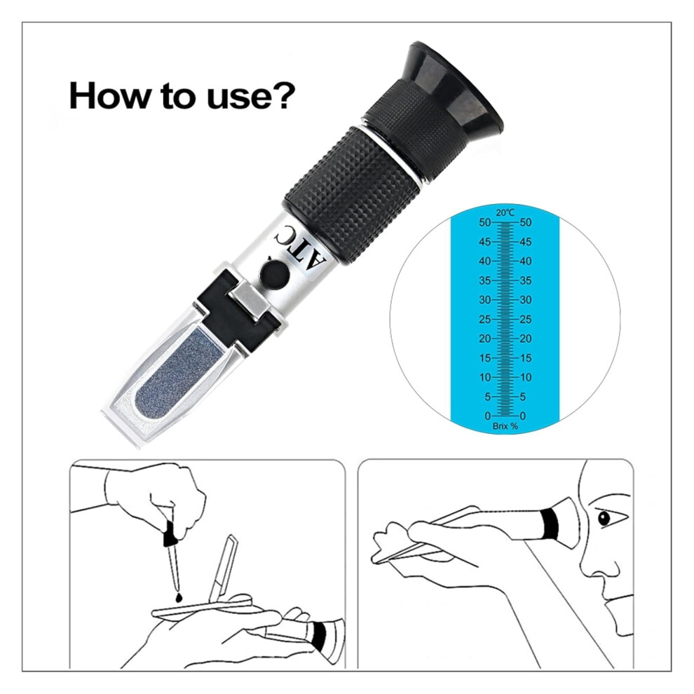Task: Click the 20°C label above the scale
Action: pos(505,213)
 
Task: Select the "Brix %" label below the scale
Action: pos(505,426)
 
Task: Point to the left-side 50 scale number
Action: pos(485,222)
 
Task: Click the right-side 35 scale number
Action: pos(525,280)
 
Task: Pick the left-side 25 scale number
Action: pos(485,319)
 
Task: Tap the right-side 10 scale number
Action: pos(525,377)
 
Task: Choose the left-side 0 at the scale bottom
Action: pos(488,416)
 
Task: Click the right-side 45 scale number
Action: pos(525,242)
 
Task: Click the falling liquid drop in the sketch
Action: pos(178,597)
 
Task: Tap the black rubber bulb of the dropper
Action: pos(170,535)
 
